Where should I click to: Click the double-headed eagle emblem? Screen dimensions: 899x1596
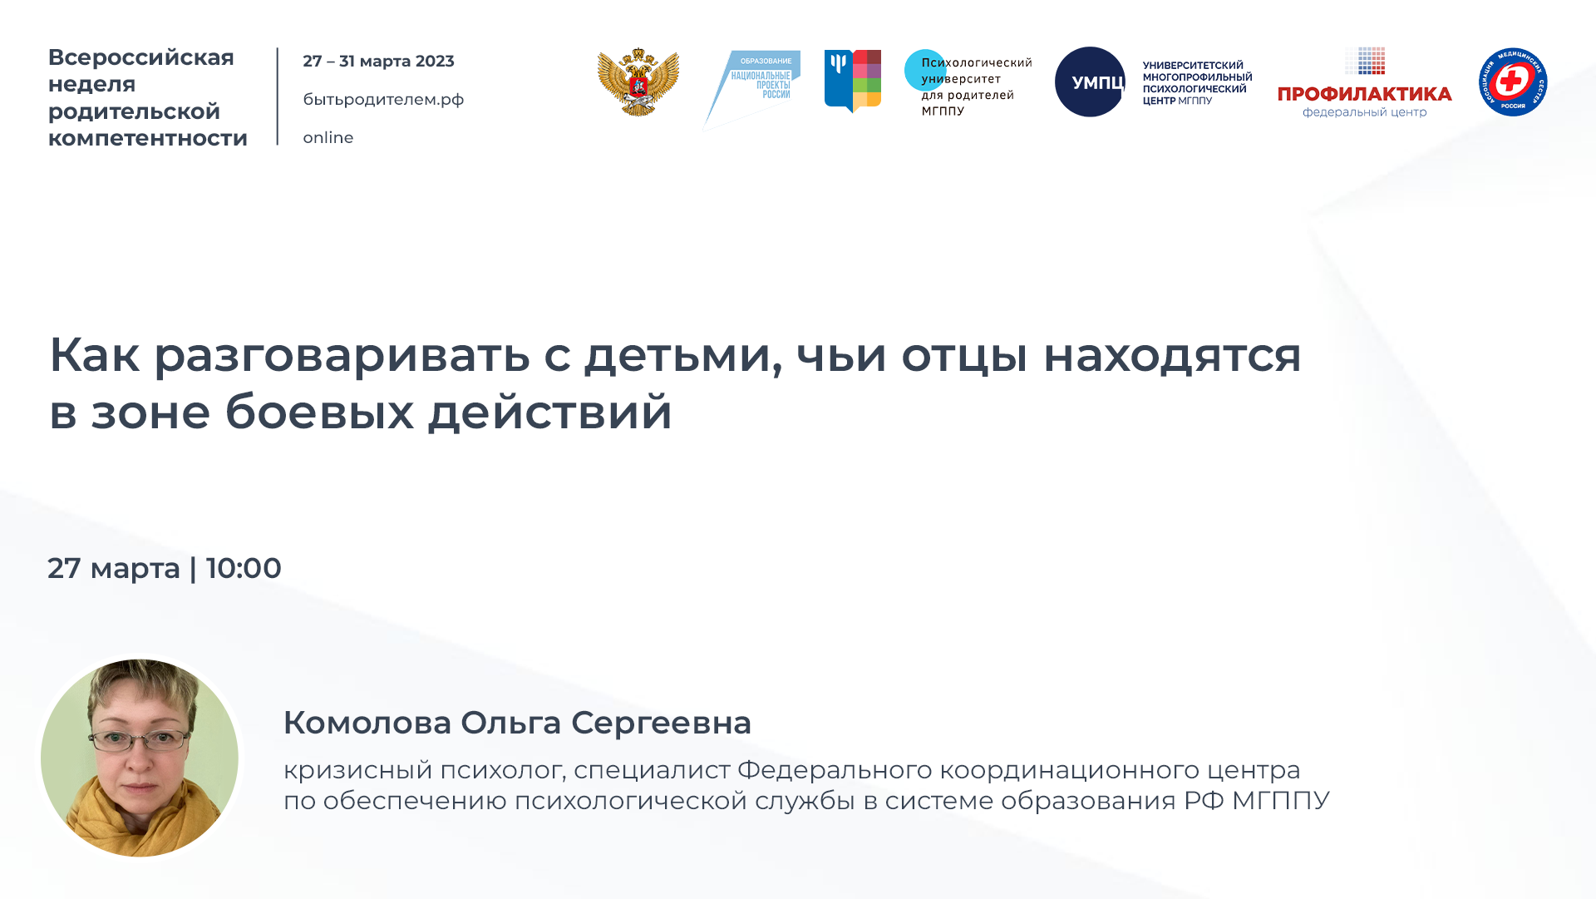pos(638,82)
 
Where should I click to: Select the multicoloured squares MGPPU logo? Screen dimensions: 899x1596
pos(853,81)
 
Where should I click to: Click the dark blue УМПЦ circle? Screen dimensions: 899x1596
pos(1090,82)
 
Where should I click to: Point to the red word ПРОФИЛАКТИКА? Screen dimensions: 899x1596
pos(1364,94)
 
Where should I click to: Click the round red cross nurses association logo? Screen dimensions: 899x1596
pos(1512,82)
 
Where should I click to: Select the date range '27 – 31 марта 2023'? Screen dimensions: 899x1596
pos(378,62)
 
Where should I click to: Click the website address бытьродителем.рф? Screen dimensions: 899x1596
pos(383,100)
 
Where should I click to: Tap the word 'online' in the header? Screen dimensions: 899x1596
pos(328,138)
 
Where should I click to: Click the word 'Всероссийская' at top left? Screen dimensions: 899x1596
pos(141,57)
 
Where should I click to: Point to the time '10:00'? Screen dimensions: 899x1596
pos(244,568)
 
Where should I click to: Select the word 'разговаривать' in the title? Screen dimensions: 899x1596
pos(342,355)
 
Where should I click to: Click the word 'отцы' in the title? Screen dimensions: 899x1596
pos(964,355)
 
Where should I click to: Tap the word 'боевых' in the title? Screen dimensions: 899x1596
pos(319,412)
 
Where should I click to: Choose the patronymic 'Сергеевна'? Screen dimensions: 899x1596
pos(661,723)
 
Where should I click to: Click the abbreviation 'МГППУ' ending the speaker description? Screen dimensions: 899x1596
pos(1280,801)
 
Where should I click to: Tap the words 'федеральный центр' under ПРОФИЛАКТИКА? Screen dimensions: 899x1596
pos(1364,113)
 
